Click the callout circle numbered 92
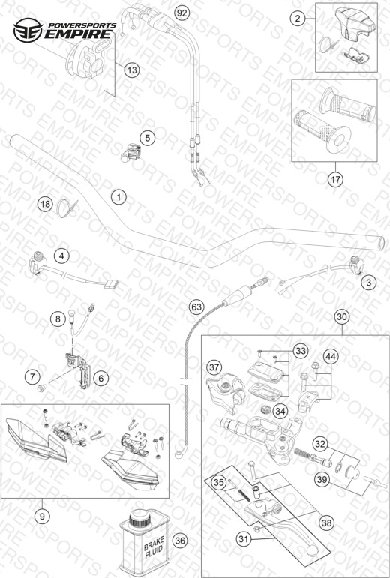coord(181,13)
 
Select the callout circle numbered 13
coord(131,69)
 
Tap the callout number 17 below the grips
coord(336,180)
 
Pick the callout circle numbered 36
coord(179,541)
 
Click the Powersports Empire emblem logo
coord(28,30)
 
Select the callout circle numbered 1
coord(118,197)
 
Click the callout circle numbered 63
coord(196,307)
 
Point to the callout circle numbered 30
coord(342,316)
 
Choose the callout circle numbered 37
coord(214,367)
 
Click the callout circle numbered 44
coord(331,356)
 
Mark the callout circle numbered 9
coord(42,517)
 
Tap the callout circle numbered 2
coord(298,18)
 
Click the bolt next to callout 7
coord(41,388)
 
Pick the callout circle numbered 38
coord(327,523)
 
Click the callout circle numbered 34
coord(280,412)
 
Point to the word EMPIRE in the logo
coord(78,34)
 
